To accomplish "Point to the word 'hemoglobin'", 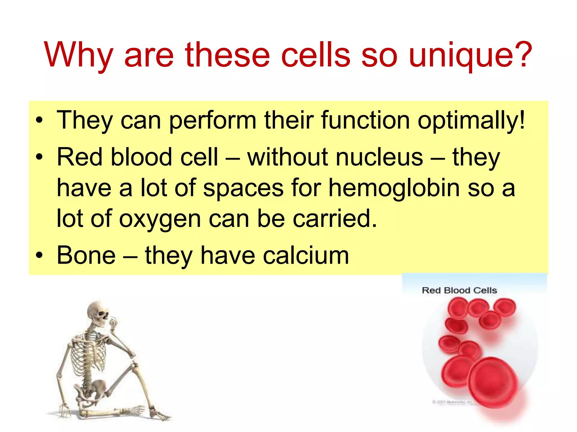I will pos(394,188).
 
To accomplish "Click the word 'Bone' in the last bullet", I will pos(86,255).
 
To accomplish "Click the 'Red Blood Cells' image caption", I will pos(459,290).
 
